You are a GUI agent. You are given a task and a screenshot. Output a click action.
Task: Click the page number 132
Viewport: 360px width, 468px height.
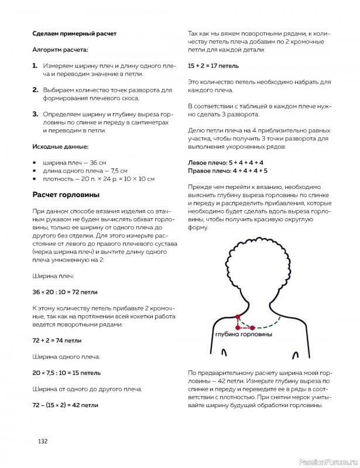[42, 441]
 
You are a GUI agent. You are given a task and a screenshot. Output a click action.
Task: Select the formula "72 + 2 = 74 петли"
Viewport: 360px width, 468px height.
[57, 339]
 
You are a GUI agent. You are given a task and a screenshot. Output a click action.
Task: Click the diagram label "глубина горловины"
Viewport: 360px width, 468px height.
[243, 335]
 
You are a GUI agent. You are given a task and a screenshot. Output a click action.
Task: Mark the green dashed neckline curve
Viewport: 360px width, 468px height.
[266, 324]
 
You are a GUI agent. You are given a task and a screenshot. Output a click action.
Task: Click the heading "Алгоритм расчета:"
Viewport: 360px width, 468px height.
[60, 50]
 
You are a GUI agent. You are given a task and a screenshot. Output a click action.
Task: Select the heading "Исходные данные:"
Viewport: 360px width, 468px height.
[61, 146]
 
